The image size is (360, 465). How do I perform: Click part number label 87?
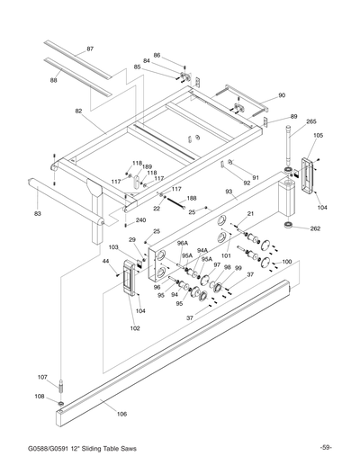pos(90,47)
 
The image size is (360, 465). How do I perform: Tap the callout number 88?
pos(54,81)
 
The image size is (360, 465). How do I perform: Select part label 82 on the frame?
pos(78,111)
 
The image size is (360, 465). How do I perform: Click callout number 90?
pos(281,95)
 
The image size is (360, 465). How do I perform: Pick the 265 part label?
pos(311,122)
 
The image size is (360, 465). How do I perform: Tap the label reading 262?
pos(314,228)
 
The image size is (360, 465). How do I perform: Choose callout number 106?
pos(122,415)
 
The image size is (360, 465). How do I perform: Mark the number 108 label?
pos(40,396)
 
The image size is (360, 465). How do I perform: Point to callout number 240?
pos(140,220)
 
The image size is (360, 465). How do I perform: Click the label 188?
pos(191,198)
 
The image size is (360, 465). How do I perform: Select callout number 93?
pos(229,192)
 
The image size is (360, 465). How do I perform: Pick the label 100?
pos(286,262)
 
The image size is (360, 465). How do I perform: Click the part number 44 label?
pos(105,262)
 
